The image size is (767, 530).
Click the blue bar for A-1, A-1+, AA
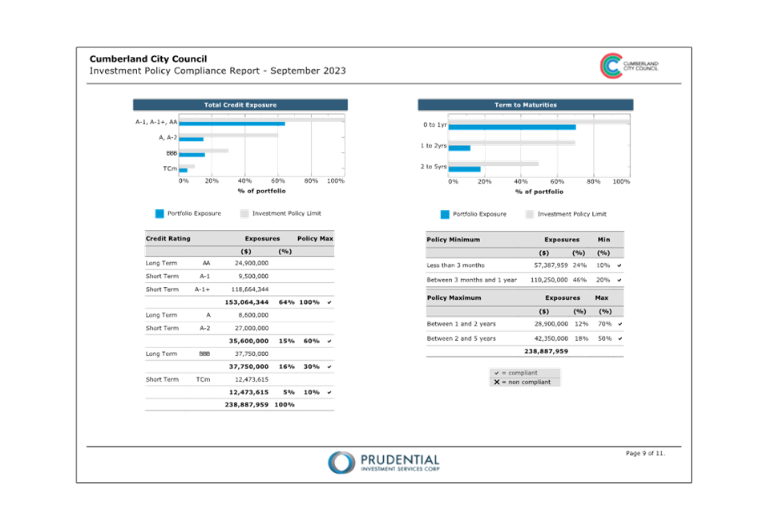point(232,123)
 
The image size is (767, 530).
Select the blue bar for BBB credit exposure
point(192,155)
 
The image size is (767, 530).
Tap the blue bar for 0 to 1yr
point(512,127)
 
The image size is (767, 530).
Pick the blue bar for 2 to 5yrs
point(464,169)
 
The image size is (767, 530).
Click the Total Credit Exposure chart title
point(240,105)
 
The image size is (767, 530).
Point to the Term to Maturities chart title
point(525,105)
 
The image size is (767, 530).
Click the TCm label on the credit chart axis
point(170,168)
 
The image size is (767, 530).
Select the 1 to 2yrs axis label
point(434,145)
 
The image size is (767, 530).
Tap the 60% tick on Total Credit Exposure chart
point(278,180)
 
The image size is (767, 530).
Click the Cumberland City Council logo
point(629,66)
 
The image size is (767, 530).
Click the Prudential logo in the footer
point(383,463)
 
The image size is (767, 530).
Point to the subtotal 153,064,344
point(247,302)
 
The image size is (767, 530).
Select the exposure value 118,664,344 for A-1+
point(250,289)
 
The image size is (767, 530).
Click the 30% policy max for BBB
point(312,366)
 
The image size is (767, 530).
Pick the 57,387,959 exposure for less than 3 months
point(551,265)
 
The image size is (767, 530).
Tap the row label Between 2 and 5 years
point(461,338)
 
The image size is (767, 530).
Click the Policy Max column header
point(315,238)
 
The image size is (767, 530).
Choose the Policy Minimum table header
point(453,239)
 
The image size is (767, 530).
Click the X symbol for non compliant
point(497,382)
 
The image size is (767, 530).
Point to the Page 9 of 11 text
point(645,453)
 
